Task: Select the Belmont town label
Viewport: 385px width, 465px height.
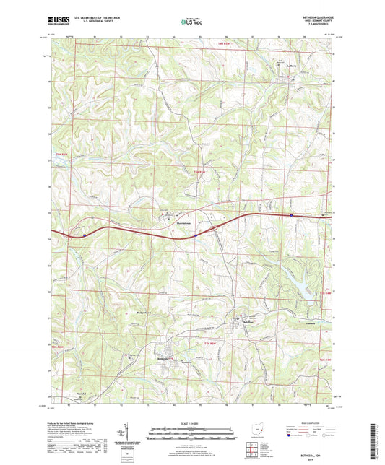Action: click(247, 321)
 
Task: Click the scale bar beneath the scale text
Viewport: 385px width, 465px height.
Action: click(191, 435)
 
